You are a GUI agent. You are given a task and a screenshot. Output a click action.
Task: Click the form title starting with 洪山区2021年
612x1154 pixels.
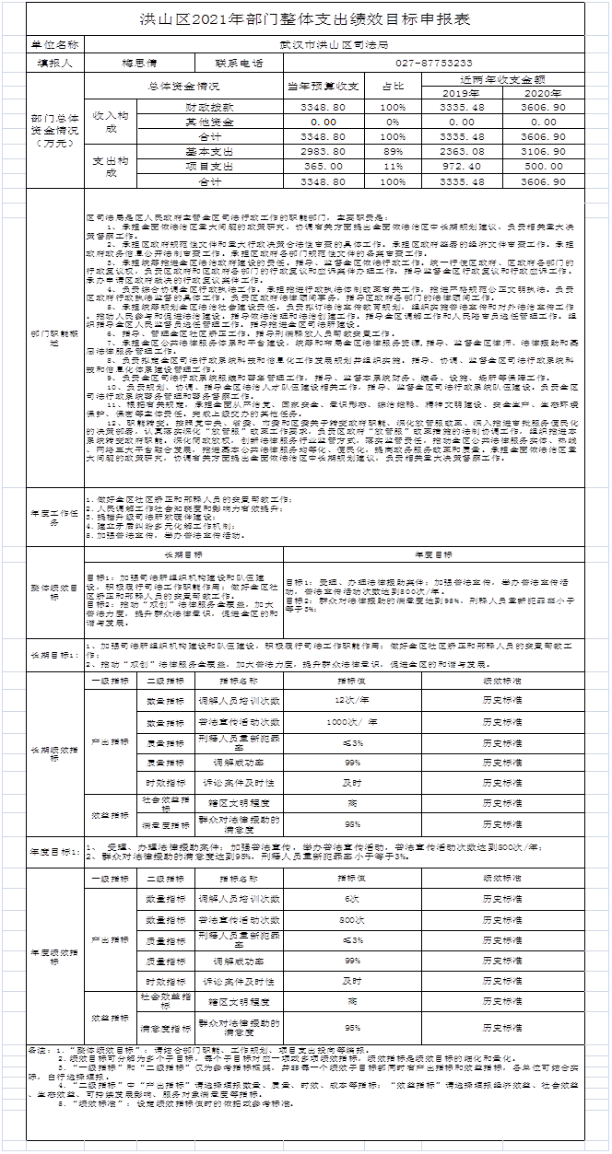305,19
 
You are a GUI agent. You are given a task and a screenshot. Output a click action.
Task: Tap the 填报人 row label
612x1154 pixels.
54,64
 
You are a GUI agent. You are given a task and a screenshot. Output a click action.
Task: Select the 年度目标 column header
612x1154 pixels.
433,555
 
